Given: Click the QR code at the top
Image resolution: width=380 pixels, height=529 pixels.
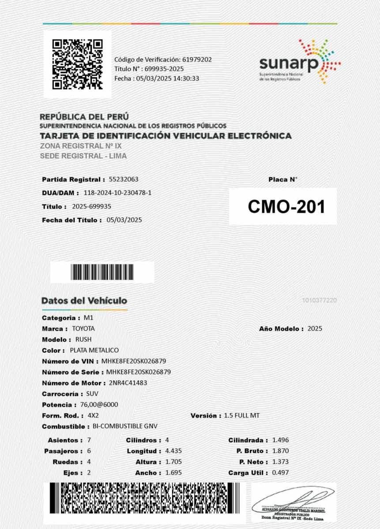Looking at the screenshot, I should pos(77,64).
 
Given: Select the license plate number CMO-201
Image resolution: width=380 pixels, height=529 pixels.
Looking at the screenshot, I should pos(286,206).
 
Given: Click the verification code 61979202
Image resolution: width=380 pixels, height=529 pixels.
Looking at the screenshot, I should pos(197,59).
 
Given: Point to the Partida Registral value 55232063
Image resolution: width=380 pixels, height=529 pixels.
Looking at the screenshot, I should pos(124,179).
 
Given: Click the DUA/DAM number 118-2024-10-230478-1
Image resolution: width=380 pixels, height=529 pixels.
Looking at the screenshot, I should pos(117,193).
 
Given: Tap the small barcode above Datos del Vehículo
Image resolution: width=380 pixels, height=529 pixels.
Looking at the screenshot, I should pos(102,272).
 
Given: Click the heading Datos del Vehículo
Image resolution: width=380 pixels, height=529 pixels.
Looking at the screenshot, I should pos(84,301).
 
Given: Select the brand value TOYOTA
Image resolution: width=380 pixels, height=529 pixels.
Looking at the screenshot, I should pos(83,328).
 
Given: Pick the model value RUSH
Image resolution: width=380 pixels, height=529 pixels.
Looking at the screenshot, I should pos(83,339).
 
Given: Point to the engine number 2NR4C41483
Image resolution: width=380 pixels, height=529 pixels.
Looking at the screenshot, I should pos(128,383).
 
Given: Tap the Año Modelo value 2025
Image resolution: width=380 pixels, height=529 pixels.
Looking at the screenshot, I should pos(315,328).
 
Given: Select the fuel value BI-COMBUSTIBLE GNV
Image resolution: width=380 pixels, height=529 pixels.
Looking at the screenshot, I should pos(125,426).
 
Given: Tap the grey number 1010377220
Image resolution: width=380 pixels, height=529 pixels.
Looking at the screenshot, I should pos(320,300).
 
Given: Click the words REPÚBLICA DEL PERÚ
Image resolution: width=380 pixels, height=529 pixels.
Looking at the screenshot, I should pos(84,117).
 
